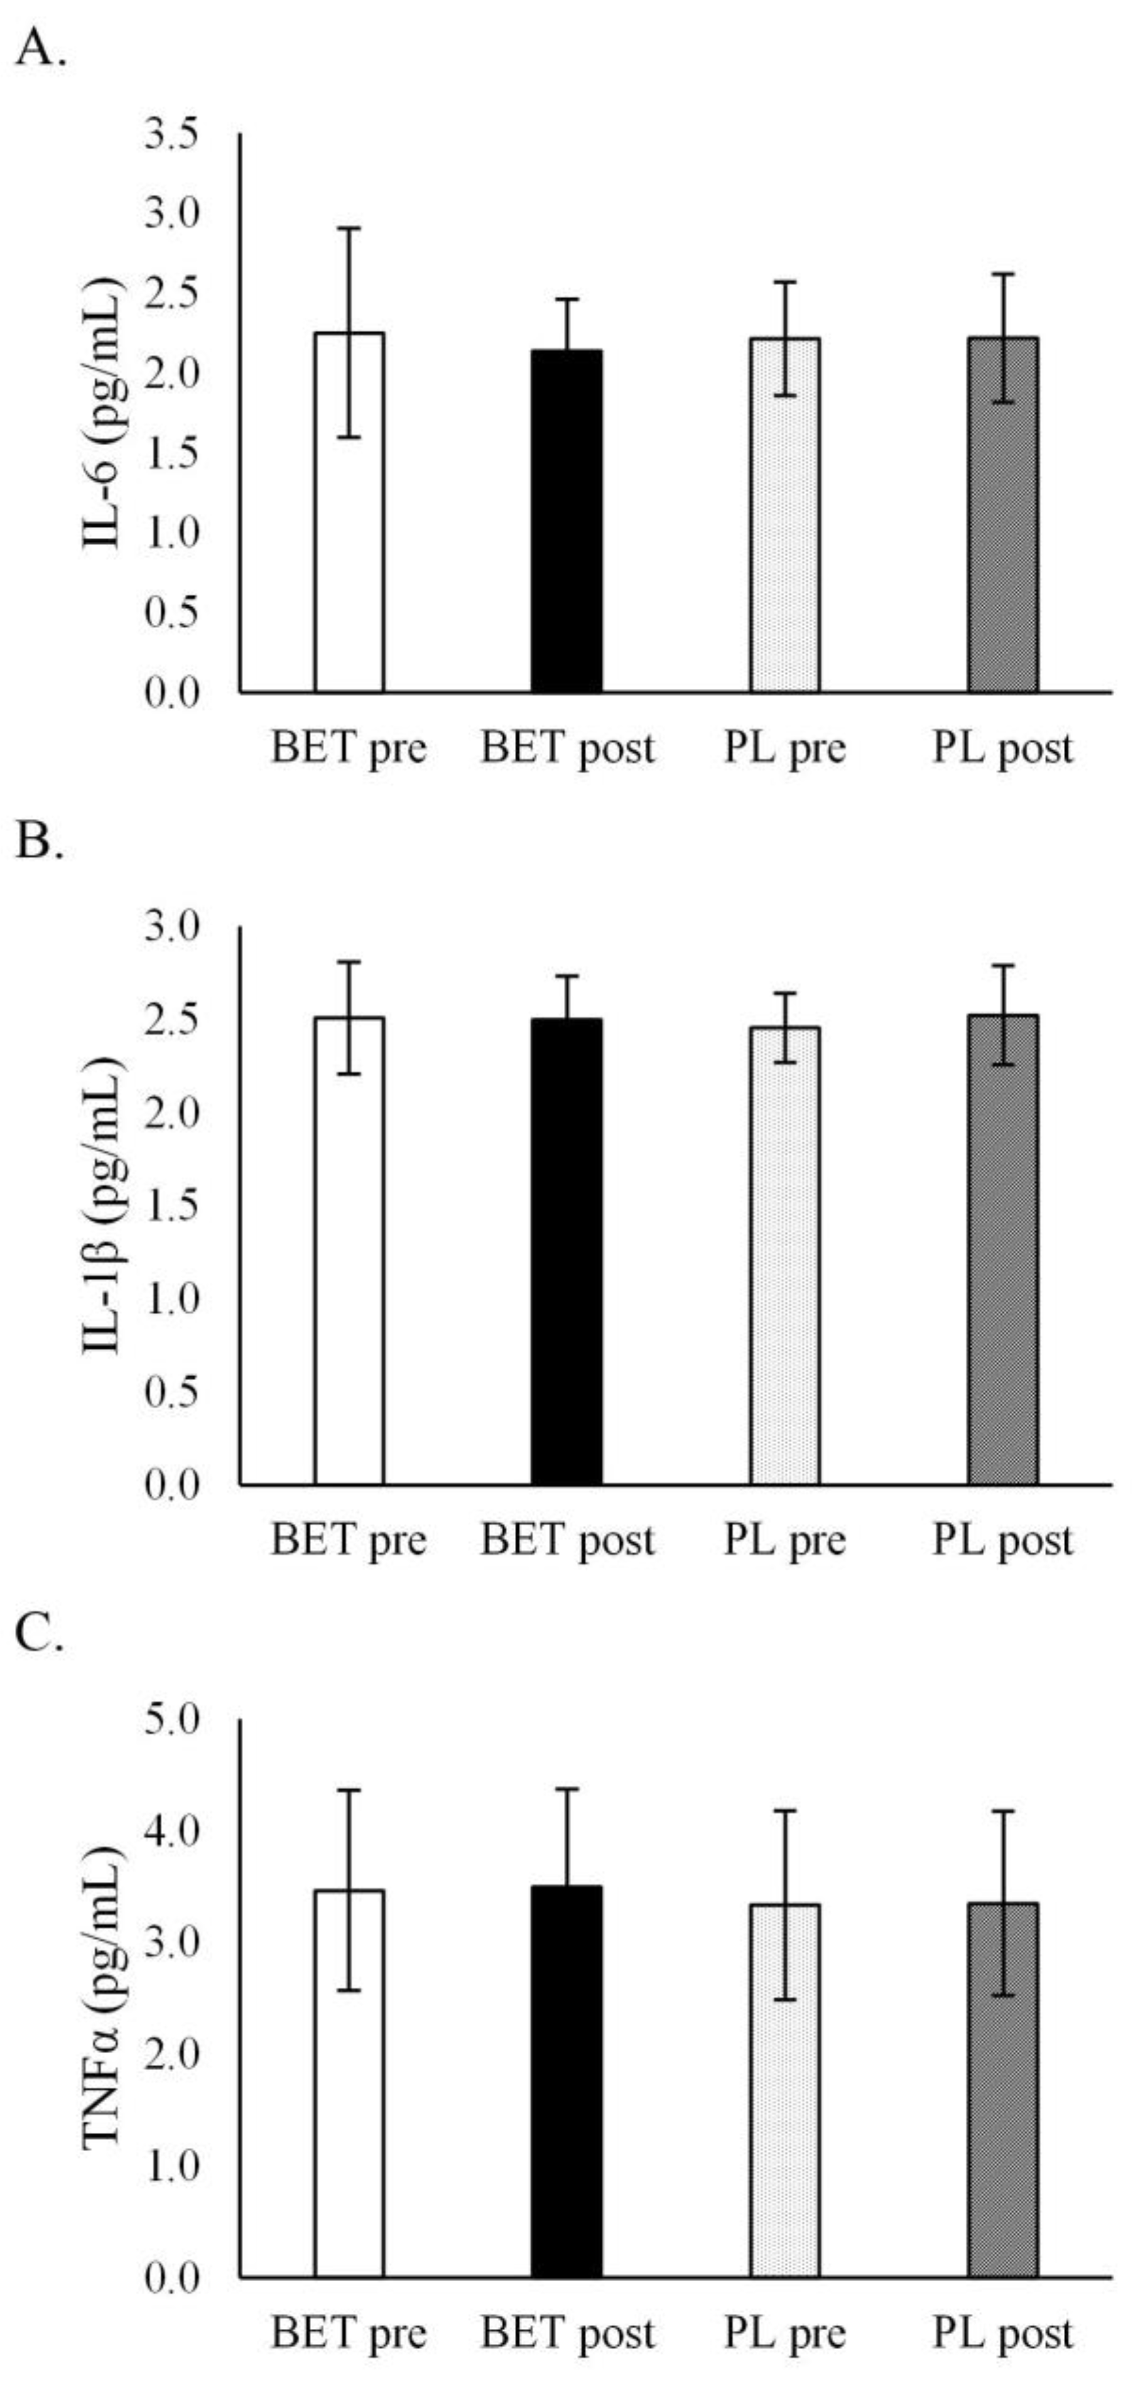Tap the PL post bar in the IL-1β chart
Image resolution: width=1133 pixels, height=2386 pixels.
tap(1003, 1250)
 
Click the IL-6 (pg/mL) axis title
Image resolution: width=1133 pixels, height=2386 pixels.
tap(104, 412)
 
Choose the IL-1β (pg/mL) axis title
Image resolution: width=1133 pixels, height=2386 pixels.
tap(104, 1204)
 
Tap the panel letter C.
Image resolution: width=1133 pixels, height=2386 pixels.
tap(40, 1637)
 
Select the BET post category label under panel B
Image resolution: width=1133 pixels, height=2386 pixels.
tap(567, 1540)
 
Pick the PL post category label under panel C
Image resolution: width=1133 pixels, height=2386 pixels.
tap(1003, 2333)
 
